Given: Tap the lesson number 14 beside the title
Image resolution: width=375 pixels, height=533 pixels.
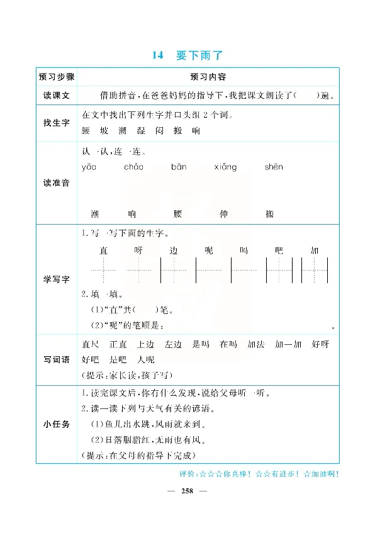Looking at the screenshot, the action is [x=157, y=55].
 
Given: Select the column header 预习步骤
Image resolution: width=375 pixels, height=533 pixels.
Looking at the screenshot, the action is [x=57, y=77].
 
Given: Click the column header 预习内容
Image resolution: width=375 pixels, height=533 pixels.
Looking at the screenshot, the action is [x=208, y=77].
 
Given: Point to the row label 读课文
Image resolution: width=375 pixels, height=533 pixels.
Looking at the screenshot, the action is [x=57, y=96].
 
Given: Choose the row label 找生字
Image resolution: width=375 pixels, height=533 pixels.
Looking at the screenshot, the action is [x=57, y=124].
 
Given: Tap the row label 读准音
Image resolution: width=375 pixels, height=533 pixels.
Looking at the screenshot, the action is [x=57, y=182].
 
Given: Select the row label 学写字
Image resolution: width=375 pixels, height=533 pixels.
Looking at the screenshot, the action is [x=57, y=278].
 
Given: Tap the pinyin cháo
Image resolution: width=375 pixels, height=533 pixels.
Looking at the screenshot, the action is [x=133, y=167].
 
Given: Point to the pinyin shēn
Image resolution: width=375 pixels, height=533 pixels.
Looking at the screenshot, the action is [x=274, y=167].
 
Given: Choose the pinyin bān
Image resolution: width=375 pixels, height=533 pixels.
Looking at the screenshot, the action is [x=178, y=167].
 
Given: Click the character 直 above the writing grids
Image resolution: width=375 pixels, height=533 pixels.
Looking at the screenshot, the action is [x=104, y=250].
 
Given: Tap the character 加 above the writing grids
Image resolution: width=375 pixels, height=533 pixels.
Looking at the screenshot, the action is [x=315, y=250].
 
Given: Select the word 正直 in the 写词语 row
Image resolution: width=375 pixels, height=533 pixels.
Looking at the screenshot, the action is [x=118, y=344].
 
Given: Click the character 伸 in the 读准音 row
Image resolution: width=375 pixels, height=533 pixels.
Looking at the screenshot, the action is [x=223, y=214].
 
